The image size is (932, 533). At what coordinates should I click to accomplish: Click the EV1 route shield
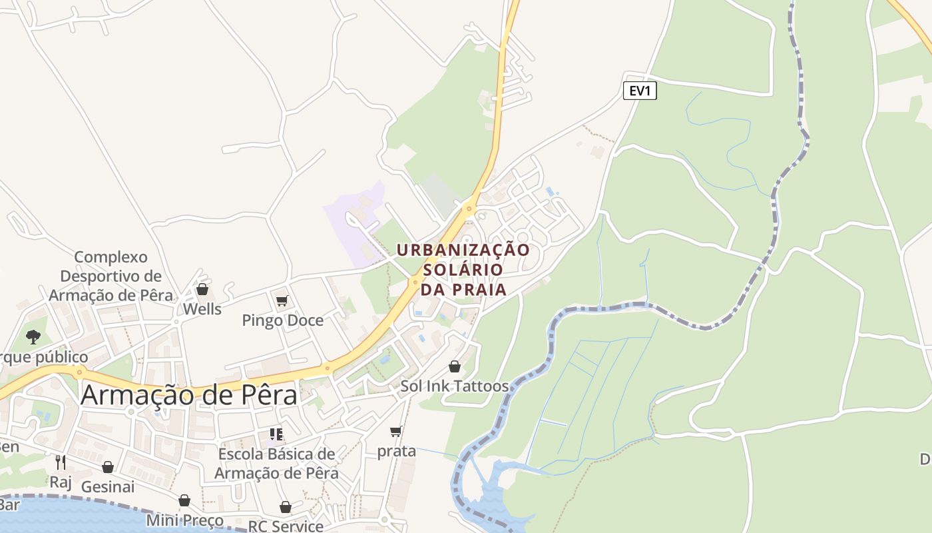(640, 91)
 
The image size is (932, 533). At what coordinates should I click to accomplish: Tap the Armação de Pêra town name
(189, 395)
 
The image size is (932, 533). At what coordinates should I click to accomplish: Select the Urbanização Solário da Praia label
(463, 269)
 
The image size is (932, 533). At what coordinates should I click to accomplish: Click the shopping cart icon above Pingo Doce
(282, 301)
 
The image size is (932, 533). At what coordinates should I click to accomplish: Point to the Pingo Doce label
(282, 320)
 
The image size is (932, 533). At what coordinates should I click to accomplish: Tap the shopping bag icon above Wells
(202, 289)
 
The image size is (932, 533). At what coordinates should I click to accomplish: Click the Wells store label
(202, 309)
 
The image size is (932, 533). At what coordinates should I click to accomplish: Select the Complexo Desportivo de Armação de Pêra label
(111, 276)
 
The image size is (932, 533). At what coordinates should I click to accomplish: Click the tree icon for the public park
(33, 337)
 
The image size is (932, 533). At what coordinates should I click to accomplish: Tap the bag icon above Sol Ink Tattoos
(455, 366)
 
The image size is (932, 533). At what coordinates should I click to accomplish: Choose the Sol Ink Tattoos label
(454, 386)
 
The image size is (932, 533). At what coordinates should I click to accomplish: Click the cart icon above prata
(396, 432)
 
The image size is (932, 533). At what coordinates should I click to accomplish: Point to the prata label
(397, 451)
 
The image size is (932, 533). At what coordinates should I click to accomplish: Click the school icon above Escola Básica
(276, 434)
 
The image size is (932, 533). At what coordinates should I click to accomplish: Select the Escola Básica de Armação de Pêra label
(276, 464)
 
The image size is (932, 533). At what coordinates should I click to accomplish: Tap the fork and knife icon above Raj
(61, 462)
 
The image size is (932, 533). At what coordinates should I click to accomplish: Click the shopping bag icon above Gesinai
(108, 467)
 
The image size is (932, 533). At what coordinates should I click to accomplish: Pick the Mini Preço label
(184, 520)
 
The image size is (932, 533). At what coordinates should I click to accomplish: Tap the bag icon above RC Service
(286, 507)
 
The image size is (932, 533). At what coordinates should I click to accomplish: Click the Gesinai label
(108, 487)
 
